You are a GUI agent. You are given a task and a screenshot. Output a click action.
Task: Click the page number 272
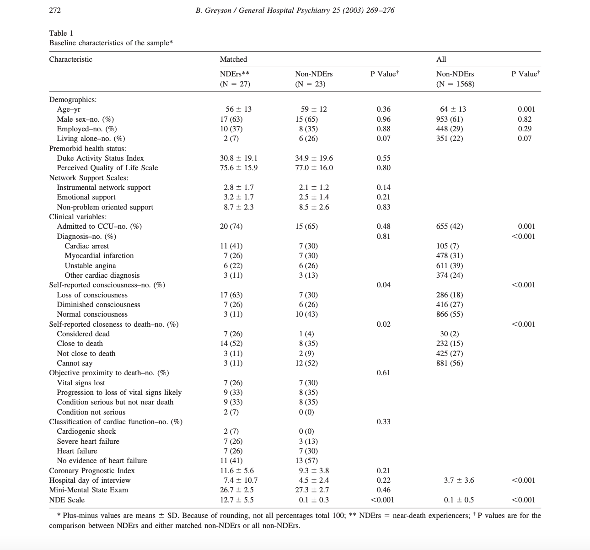pyautogui.click(x=55, y=10)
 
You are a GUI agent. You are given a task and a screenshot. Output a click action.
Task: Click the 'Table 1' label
pyautogui.click(x=61, y=33)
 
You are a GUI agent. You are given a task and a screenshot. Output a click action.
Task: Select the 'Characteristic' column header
pyautogui.click(x=70, y=59)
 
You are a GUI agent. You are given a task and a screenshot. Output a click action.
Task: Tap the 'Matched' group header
pyautogui.click(x=233, y=59)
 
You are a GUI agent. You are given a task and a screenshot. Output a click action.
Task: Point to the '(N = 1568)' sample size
pyautogui.click(x=455, y=84)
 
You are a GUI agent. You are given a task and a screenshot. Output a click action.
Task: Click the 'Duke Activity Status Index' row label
pyautogui.click(x=100, y=158)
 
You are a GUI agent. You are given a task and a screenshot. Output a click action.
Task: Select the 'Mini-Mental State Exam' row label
pyautogui.click(x=89, y=490)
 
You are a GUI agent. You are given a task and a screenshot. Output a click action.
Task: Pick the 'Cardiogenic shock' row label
pyautogui.click(x=86, y=431)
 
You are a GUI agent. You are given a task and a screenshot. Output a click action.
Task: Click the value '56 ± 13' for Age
pyautogui.click(x=238, y=109)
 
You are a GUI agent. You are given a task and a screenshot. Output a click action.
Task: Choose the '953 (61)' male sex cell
pyautogui.click(x=450, y=119)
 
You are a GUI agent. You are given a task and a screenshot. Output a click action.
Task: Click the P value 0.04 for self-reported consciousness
pyautogui.click(x=383, y=285)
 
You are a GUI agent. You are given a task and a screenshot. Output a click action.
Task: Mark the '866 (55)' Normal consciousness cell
pyautogui.click(x=450, y=314)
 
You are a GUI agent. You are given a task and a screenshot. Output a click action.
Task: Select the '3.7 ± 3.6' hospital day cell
pyautogui.click(x=459, y=480)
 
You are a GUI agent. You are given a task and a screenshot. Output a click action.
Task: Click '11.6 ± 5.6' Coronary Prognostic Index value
pyautogui.click(x=237, y=471)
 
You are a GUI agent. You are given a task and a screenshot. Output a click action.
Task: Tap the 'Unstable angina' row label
pyautogui.click(x=90, y=266)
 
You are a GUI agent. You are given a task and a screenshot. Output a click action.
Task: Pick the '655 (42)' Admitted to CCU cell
pyautogui.click(x=450, y=226)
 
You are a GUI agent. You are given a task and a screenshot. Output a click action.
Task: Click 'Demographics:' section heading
pyautogui.click(x=73, y=100)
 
